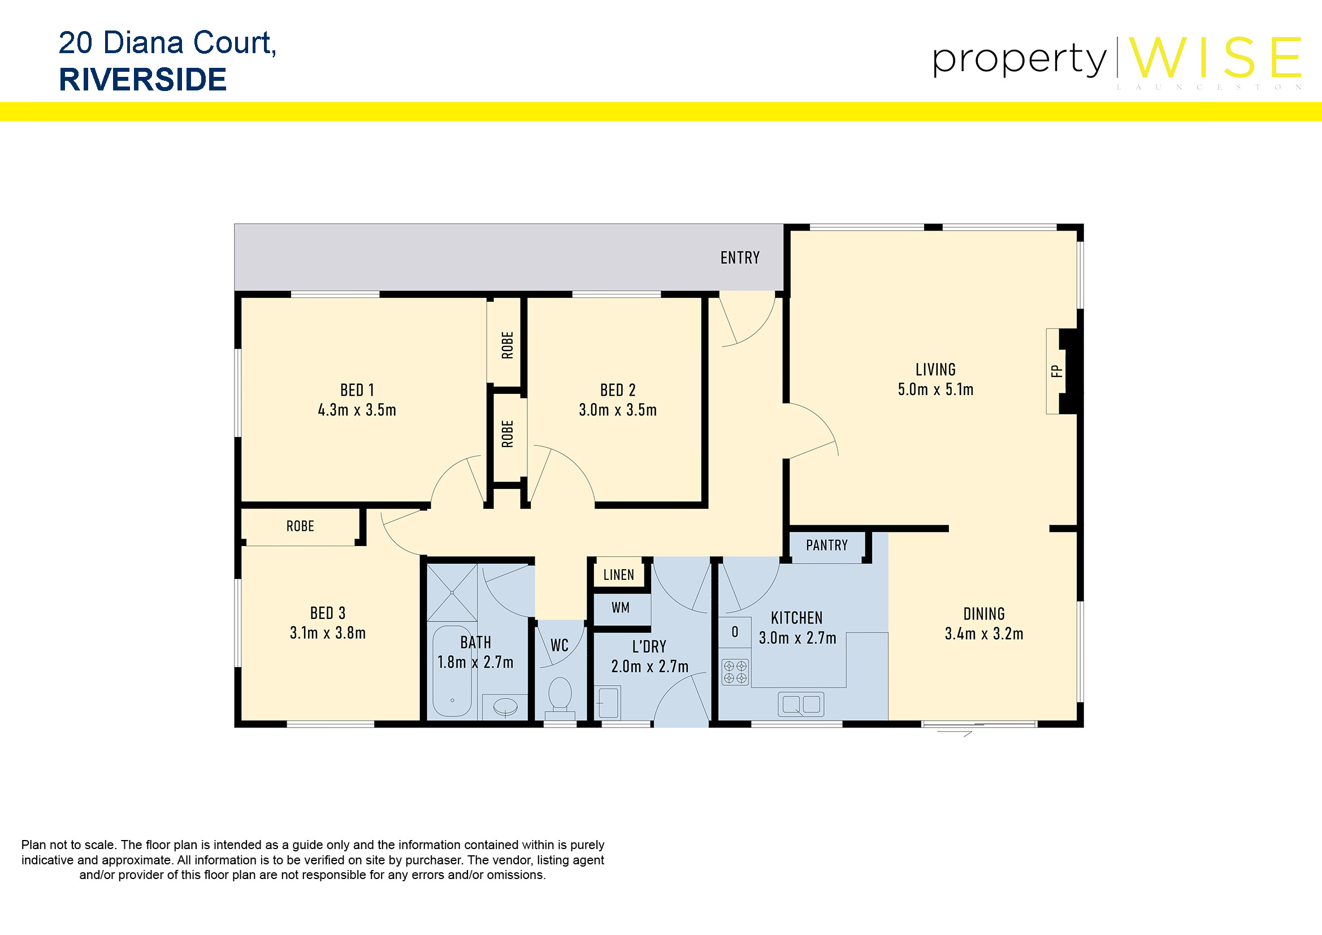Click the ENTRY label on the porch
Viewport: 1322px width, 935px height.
click(x=740, y=257)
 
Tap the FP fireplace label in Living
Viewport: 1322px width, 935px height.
click(x=1056, y=371)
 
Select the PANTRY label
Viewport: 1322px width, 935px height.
click(x=827, y=545)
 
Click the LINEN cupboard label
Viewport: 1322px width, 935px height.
click(x=618, y=574)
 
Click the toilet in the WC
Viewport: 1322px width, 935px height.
click(x=560, y=695)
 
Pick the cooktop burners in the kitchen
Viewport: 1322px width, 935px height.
click(x=735, y=672)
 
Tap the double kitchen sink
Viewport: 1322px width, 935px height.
click(x=801, y=704)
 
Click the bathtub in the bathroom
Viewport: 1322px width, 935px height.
click(x=453, y=672)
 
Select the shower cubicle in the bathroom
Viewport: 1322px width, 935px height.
click(x=452, y=592)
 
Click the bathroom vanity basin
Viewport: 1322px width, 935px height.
click(x=505, y=707)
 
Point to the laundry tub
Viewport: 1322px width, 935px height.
click(x=608, y=702)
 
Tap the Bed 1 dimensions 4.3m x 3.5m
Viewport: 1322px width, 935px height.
click(x=357, y=410)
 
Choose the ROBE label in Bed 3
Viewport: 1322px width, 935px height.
click(x=300, y=526)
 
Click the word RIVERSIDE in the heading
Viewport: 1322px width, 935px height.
click(x=143, y=80)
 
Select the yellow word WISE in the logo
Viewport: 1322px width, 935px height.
click(x=1215, y=58)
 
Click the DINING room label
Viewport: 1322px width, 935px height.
click(x=984, y=614)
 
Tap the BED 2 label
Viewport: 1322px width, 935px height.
click(x=618, y=391)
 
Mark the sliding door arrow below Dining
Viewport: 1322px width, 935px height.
click(x=955, y=734)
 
